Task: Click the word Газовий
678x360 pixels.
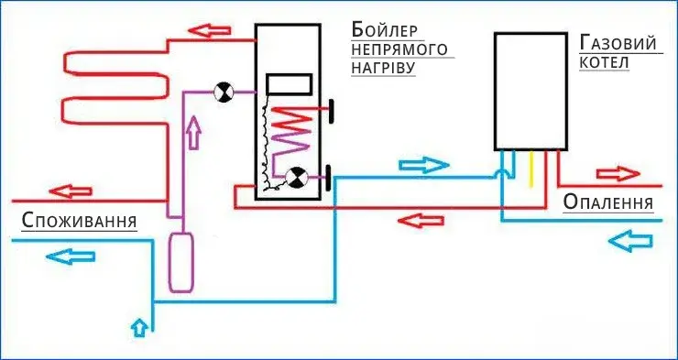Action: tap(618, 42)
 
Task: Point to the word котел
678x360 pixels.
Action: tap(605, 62)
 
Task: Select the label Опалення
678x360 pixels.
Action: tap(608, 202)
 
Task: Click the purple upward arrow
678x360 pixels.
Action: tap(192, 135)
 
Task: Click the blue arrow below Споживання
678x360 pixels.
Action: tap(71, 255)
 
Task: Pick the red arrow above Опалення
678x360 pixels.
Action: tap(618, 173)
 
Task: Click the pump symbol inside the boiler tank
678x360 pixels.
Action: tap(296, 178)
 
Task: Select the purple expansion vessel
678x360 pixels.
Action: tap(182, 261)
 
